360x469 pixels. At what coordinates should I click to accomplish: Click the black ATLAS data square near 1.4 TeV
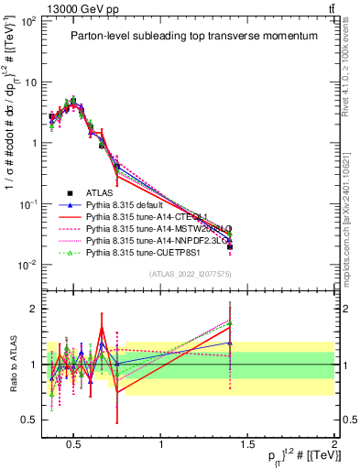coord(230,246)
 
